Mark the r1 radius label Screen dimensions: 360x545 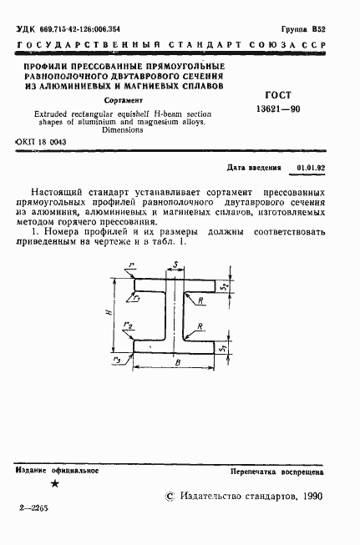pyautogui.click(x=137, y=295)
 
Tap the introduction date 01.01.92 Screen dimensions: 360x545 pyautogui.click(x=310, y=167)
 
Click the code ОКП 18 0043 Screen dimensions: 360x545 pyautogui.click(x=42, y=142)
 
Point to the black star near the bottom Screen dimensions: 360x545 pyautogui.click(x=55, y=483)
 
